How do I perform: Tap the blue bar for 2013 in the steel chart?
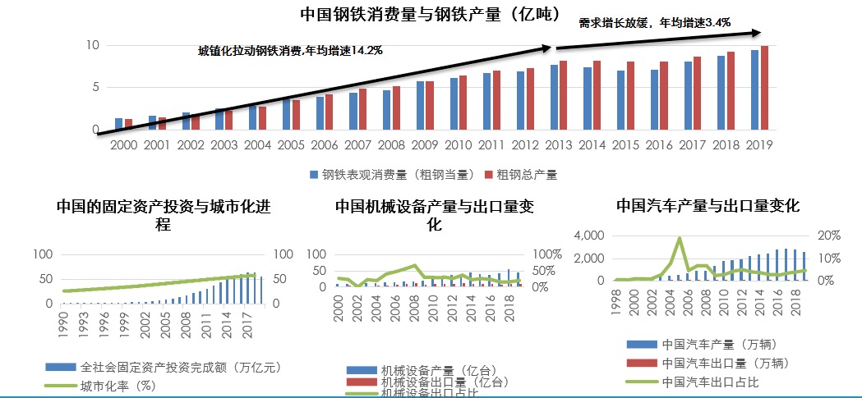pyautogui.click(x=554, y=98)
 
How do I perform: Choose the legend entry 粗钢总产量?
pyautogui.click(x=525, y=175)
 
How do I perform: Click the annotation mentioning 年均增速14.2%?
pyautogui.click(x=290, y=51)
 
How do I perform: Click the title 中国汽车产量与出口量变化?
pyautogui.click(x=708, y=205)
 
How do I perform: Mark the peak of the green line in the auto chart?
pyautogui.click(x=680, y=238)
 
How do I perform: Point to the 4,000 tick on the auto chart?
pyautogui.click(x=588, y=236)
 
